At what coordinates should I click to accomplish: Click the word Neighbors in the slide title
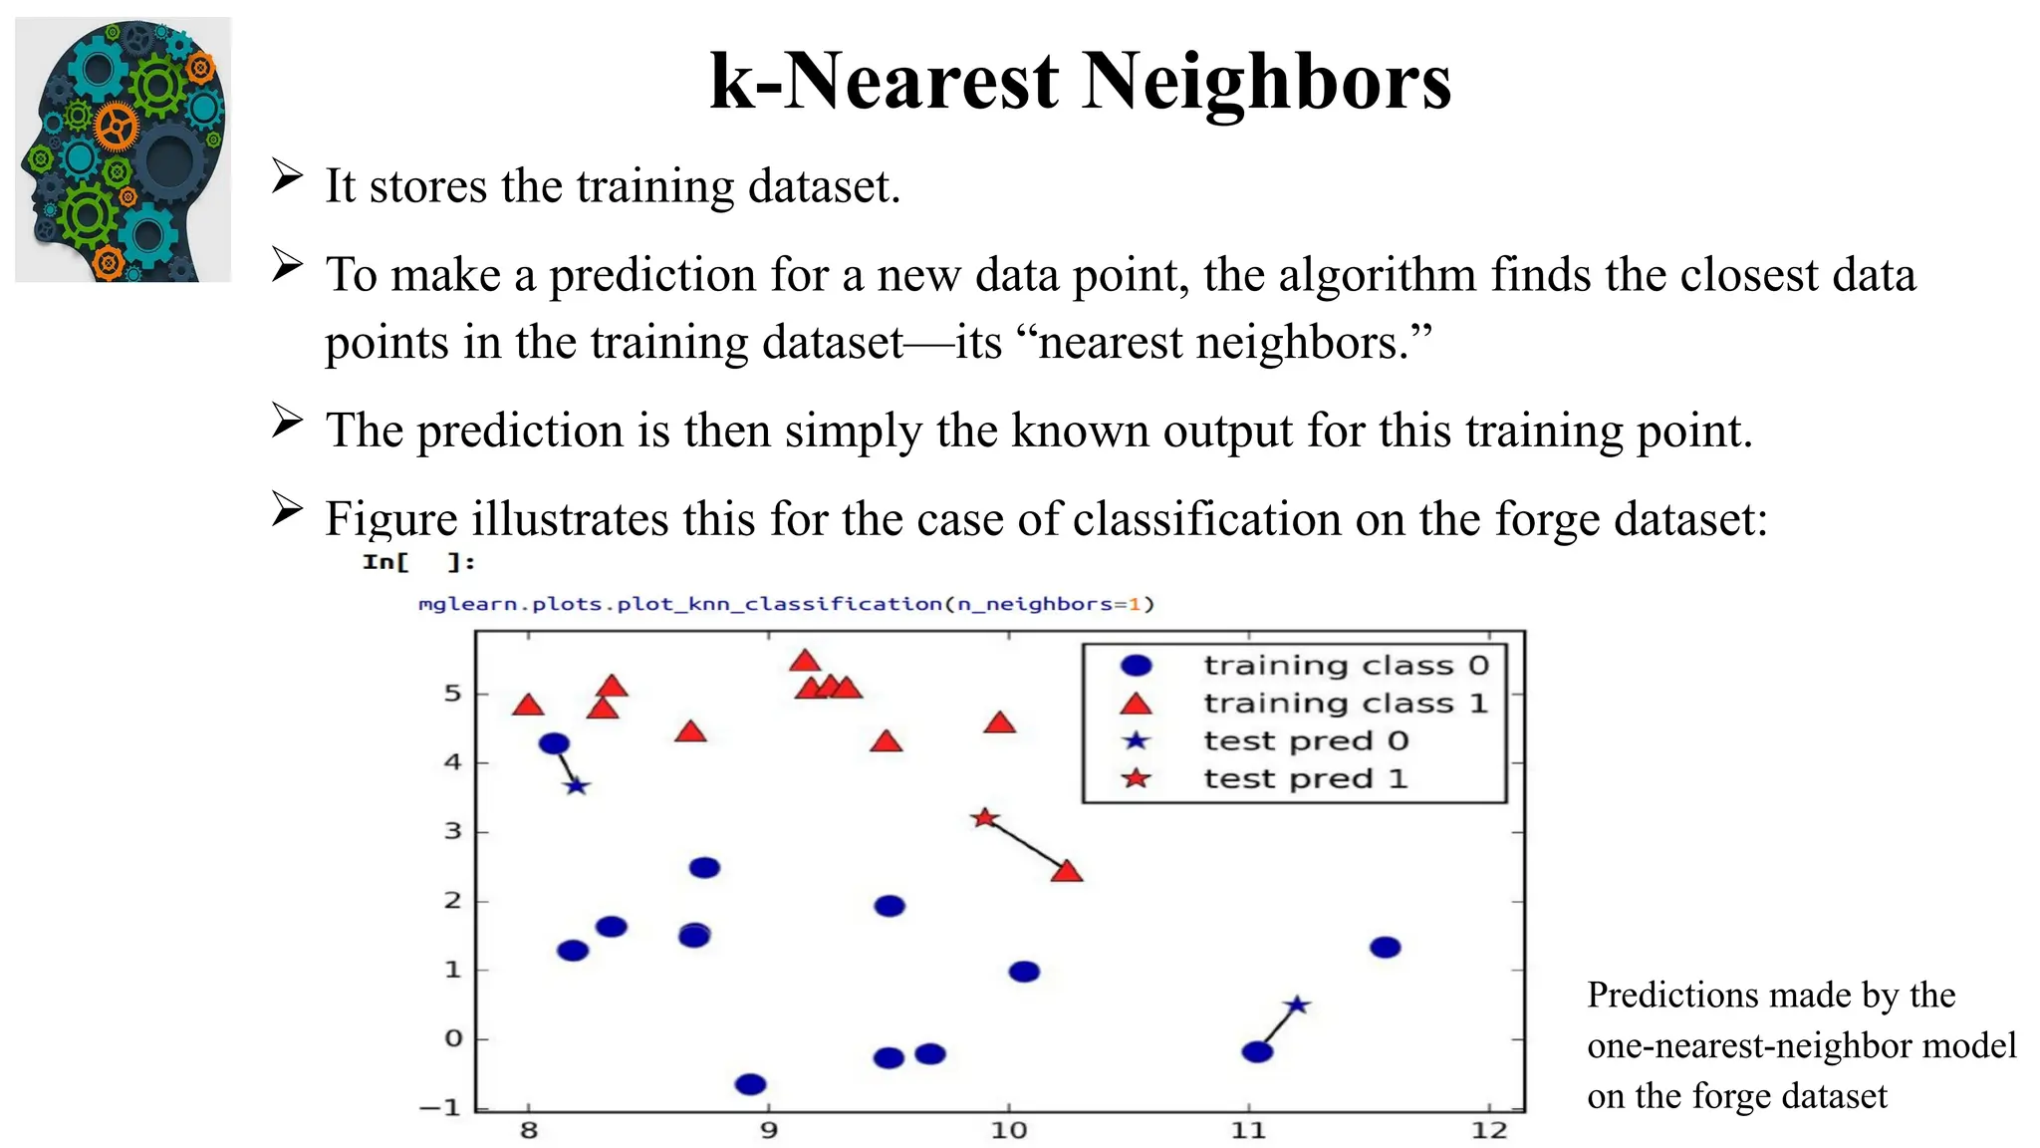click(x=1266, y=82)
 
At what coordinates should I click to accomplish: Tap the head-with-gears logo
click(x=124, y=149)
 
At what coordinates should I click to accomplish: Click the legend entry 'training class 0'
click(x=1345, y=665)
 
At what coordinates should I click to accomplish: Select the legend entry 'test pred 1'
click(x=1305, y=778)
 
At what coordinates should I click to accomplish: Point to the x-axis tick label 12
click(x=1489, y=1130)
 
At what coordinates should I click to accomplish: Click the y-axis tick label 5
click(x=453, y=694)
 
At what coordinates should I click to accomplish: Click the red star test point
click(x=984, y=818)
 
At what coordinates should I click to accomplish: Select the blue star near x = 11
click(x=1296, y=1005)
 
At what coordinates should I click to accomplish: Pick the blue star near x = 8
click(x=577, y=786)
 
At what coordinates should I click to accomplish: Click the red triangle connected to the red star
click(x=1067, y=872)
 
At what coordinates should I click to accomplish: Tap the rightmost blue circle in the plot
click(x=1385, y=947)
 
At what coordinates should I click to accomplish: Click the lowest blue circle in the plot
click(x=750, y=1084)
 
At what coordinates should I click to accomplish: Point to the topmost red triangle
click(x=805, y=661)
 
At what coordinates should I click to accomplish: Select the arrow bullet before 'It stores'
click(x=287, y=177)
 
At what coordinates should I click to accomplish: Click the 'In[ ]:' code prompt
click(x=418, y=562)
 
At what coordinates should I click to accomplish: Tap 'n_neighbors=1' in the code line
click(x=1054, y=604)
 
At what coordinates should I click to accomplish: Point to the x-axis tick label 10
click(x=1008, y=1130)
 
